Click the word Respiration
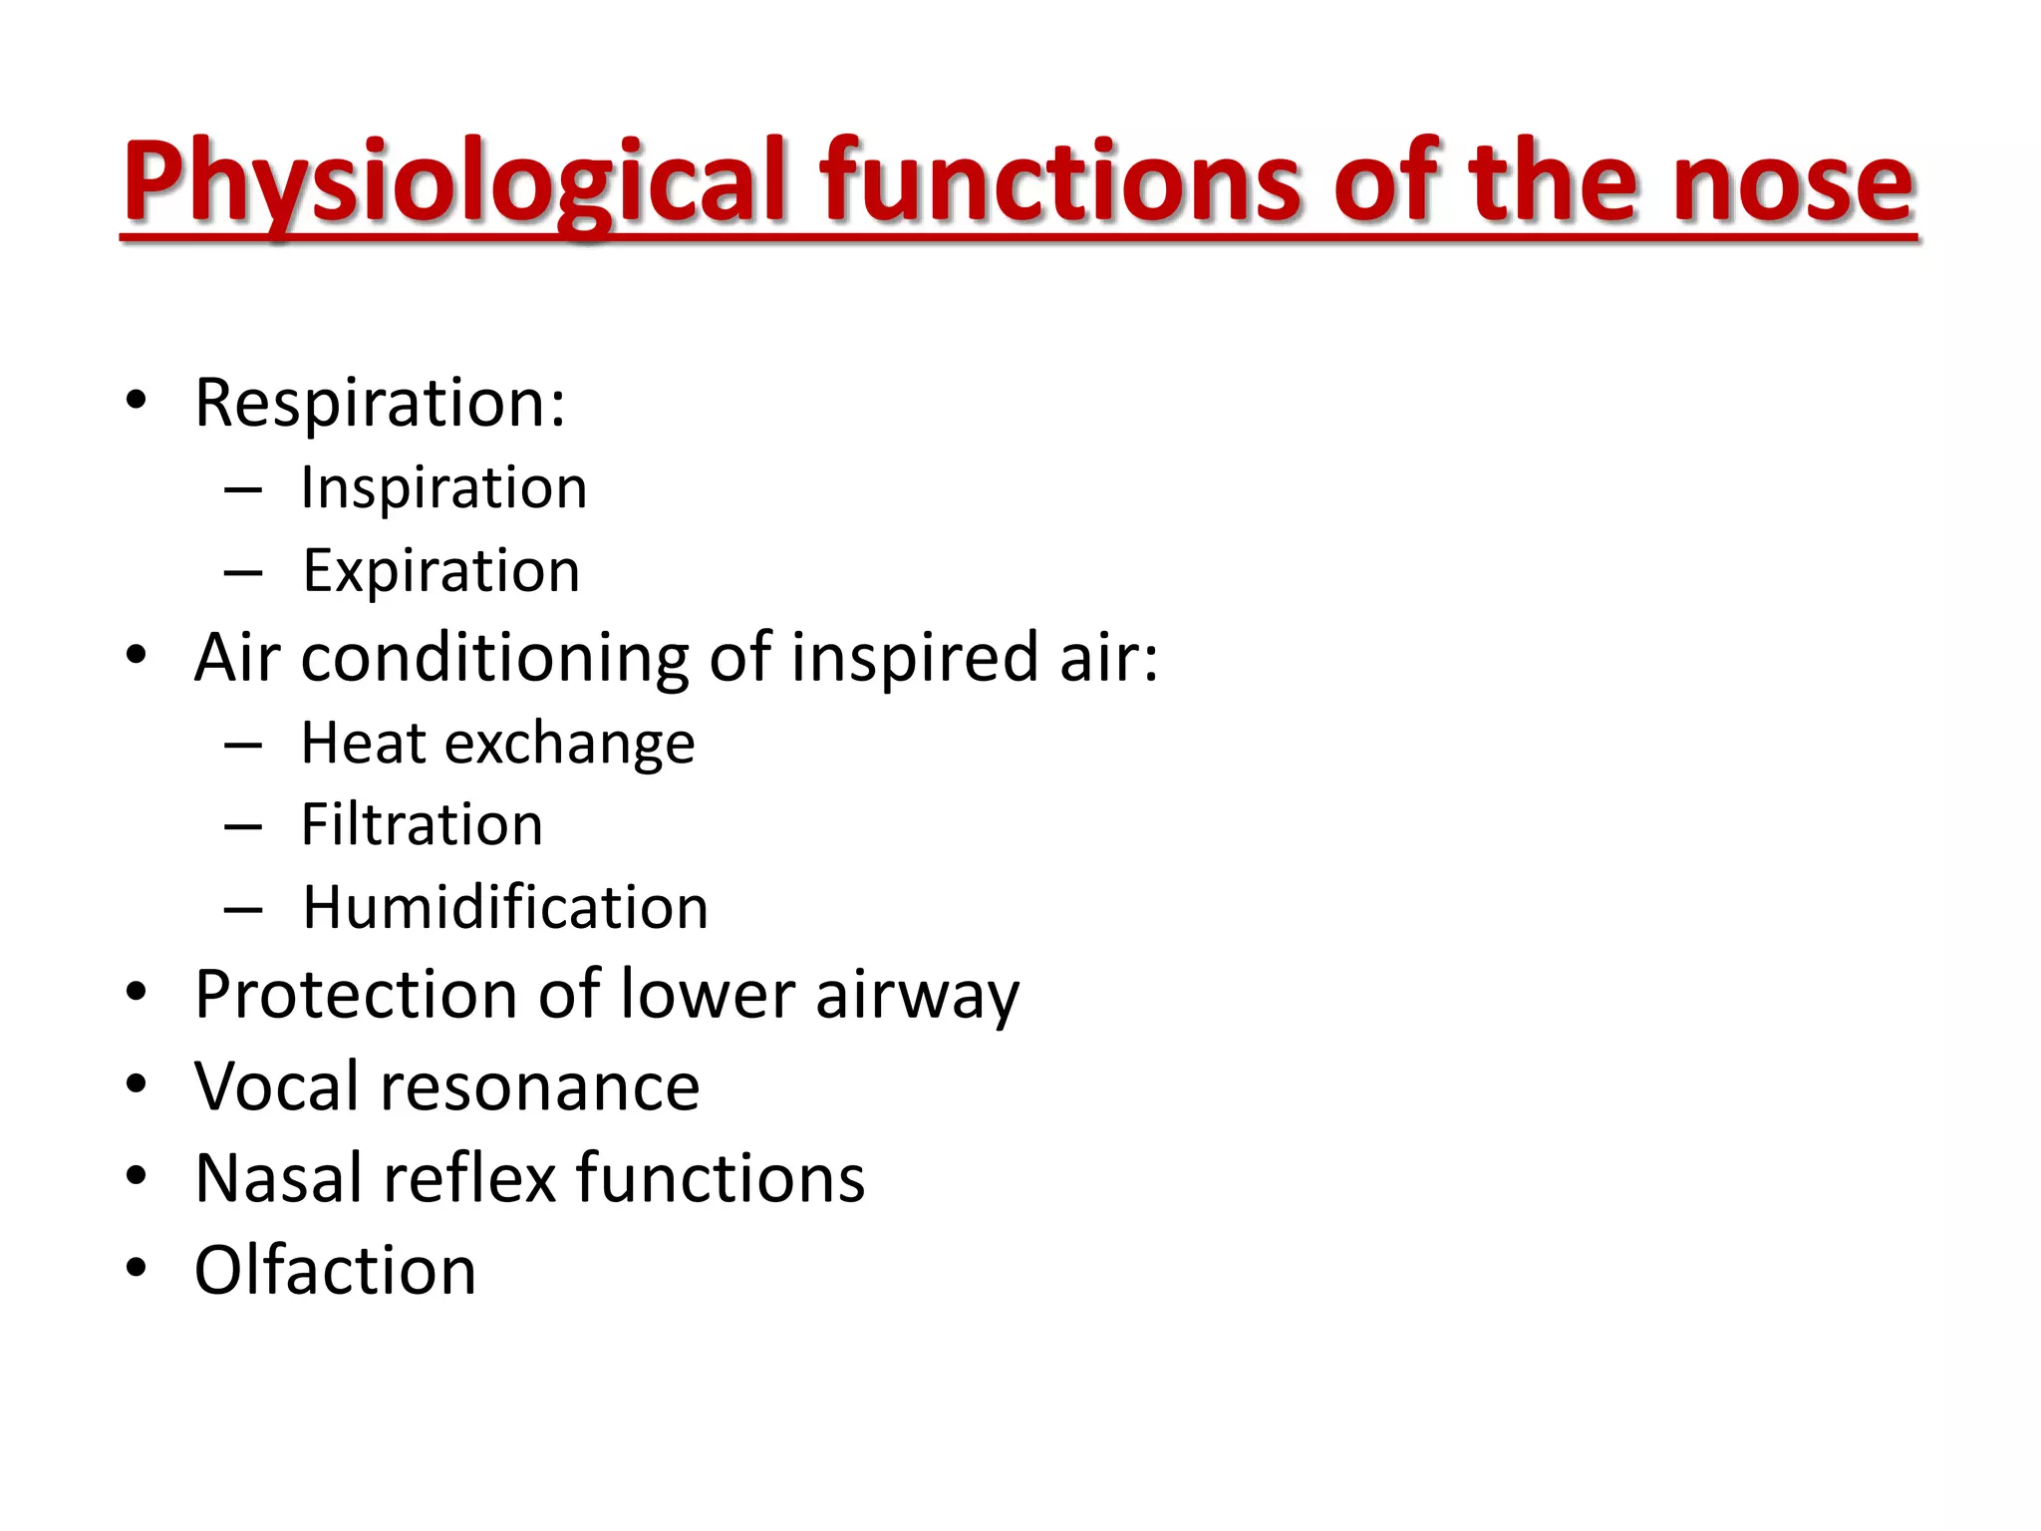(379, 404)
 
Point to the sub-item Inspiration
(443, 488)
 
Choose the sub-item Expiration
(440, 571)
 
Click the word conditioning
(494, 659)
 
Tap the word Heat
(364, 744)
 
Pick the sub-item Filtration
(422, 825)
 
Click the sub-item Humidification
(505, 908)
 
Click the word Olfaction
(336, 1271)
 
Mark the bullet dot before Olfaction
(137, 1269)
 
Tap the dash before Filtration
(243, 827)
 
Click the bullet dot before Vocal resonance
(137, 1084)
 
